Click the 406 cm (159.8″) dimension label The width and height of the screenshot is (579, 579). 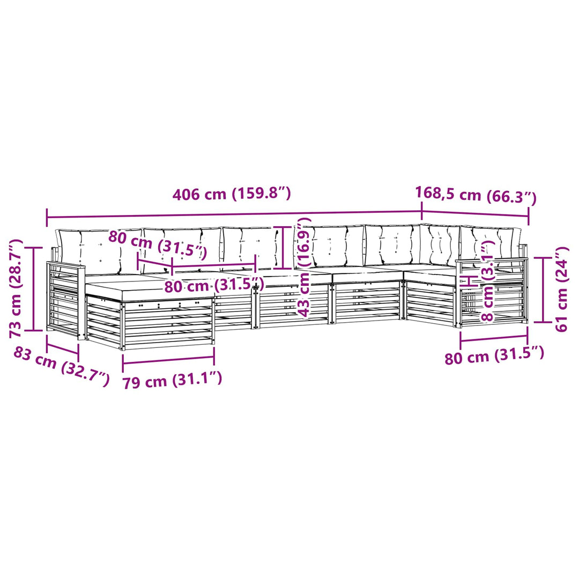click(x=232, y=194)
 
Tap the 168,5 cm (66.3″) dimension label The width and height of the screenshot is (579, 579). click(x=476, y=195)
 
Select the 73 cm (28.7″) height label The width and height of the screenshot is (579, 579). click(x=16, y=288)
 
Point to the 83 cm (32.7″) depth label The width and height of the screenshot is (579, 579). click(x=62, y=367)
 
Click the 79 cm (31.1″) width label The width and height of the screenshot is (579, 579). click(x=172, y=380)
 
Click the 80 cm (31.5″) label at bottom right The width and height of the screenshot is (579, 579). click(x=494, y=355)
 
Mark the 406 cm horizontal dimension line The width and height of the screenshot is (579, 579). click(x=234, y=213)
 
